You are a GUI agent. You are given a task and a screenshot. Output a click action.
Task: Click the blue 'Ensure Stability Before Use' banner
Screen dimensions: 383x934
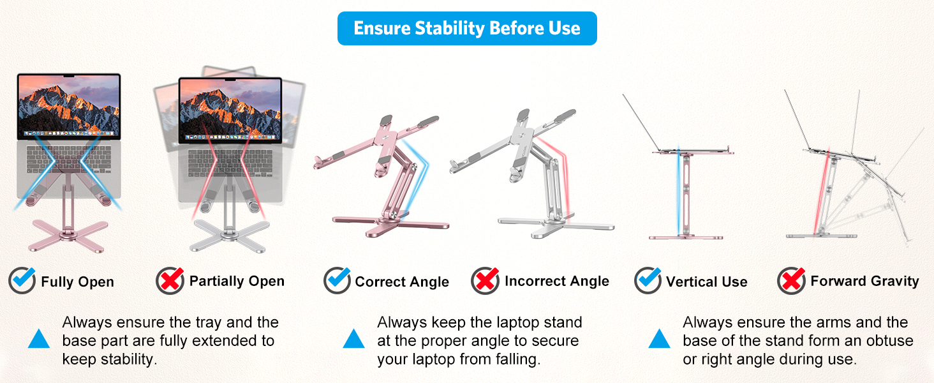click(467, 29)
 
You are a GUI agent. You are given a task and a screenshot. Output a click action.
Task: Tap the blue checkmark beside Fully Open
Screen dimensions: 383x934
click(22, 280)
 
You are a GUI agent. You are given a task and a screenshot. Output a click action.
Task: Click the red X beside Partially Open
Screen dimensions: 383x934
click(170, 280)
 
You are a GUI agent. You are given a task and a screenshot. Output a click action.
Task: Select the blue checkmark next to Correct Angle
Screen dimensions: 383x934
click(337, 280)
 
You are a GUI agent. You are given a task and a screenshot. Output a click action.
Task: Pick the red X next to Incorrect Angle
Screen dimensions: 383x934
click(485, 280)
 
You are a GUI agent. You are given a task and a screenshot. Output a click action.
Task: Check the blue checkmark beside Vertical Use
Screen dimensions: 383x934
click(648, 280)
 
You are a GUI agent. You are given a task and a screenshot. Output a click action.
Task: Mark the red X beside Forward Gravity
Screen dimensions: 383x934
click(791, 280)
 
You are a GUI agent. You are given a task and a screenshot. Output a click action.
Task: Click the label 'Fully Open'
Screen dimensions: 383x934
click(77, 282)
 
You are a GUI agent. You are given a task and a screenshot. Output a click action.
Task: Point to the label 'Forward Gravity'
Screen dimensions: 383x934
click(864, 281)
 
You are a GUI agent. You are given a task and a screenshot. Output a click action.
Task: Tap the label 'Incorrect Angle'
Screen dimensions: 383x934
click(556, 281)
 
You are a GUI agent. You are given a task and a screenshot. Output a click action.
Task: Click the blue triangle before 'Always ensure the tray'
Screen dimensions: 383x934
click(39, 339)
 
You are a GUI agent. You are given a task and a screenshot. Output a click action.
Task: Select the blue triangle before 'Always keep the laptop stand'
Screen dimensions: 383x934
click(353, 339)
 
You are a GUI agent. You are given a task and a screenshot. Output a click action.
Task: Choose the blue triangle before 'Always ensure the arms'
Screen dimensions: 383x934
click(660, 339)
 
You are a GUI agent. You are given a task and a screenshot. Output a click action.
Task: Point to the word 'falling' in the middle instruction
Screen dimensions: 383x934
click(515, 359)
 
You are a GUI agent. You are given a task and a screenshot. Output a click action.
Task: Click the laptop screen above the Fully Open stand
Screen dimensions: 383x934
click(68, 106)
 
